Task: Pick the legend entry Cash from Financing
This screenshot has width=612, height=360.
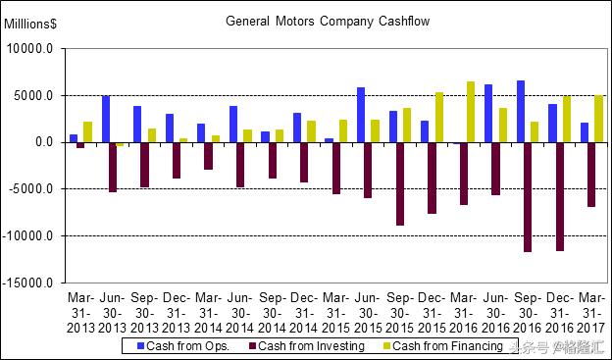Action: tap(446, 345)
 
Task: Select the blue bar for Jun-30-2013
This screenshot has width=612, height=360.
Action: tap(106, 119)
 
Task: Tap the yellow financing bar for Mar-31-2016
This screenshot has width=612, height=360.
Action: tap(471, 112)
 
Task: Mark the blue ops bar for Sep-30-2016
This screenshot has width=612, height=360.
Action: tap(520, 111)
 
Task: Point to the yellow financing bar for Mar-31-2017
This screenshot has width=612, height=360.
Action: tap(598, 119)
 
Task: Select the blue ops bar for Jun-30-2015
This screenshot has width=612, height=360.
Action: tap(361, 115)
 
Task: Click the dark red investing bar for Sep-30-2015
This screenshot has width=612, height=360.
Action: tap(401, 183)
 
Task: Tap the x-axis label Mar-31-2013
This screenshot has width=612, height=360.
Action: tap(80, 312)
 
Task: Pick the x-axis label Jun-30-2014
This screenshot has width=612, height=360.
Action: tap(239, 312)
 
